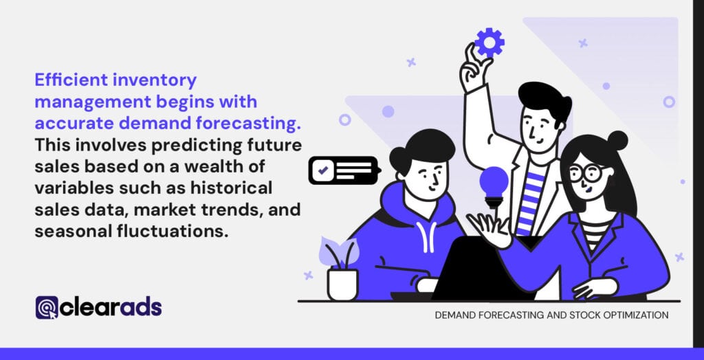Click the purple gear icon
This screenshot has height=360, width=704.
coord(489,43)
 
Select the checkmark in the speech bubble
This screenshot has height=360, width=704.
coord(323,170)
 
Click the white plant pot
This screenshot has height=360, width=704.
coord(342,284)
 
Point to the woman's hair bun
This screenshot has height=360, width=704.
coord(617,141)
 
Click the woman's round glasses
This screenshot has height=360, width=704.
coord(588,173)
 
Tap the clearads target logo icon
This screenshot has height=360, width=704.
coord(47,308)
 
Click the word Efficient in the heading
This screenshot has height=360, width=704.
coord(64,80)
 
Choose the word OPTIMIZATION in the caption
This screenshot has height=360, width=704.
coord(632,315)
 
